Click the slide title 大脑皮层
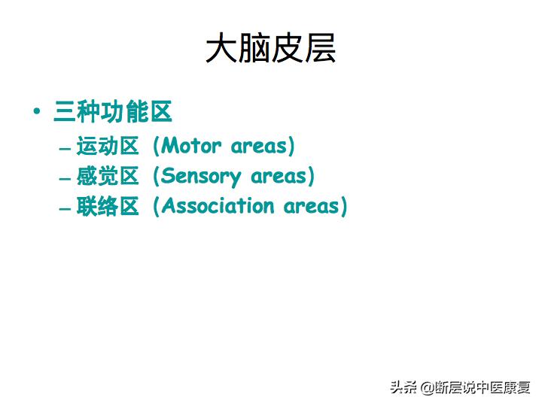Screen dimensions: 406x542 tap(270, 48)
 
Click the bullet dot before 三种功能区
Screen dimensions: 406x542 tap(37, 112)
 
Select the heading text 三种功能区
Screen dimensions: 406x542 tap(113, 112)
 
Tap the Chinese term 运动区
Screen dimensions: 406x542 tap(108, 146)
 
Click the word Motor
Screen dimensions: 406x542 tap(192, 146)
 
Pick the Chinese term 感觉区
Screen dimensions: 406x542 tap(108, 177)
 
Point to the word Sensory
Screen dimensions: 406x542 tap(202, 177)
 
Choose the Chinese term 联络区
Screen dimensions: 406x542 tap(108, 207)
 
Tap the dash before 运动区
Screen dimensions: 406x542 tap(64, 147)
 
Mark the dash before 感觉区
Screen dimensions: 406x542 tap(64, 178)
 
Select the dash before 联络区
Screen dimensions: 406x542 tap(64, 208)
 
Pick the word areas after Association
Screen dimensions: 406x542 tap(312, 207)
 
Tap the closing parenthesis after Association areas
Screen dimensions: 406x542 tap(344, 207)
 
